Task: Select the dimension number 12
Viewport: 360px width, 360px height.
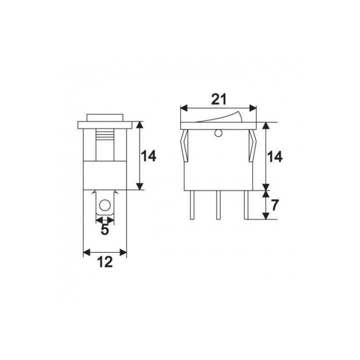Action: (105, 262)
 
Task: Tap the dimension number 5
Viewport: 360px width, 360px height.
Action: (105, 230)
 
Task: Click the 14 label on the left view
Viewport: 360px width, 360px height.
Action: (148, 156)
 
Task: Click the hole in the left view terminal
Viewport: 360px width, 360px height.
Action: (105, 205)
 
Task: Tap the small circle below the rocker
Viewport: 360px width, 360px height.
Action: (218, 133)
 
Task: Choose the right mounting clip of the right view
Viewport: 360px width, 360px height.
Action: (252, 145)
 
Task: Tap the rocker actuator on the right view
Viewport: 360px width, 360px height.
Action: (218, 118)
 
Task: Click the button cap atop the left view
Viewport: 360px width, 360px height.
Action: (105, 117)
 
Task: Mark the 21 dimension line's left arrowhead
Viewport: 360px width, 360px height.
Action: (182, 107)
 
